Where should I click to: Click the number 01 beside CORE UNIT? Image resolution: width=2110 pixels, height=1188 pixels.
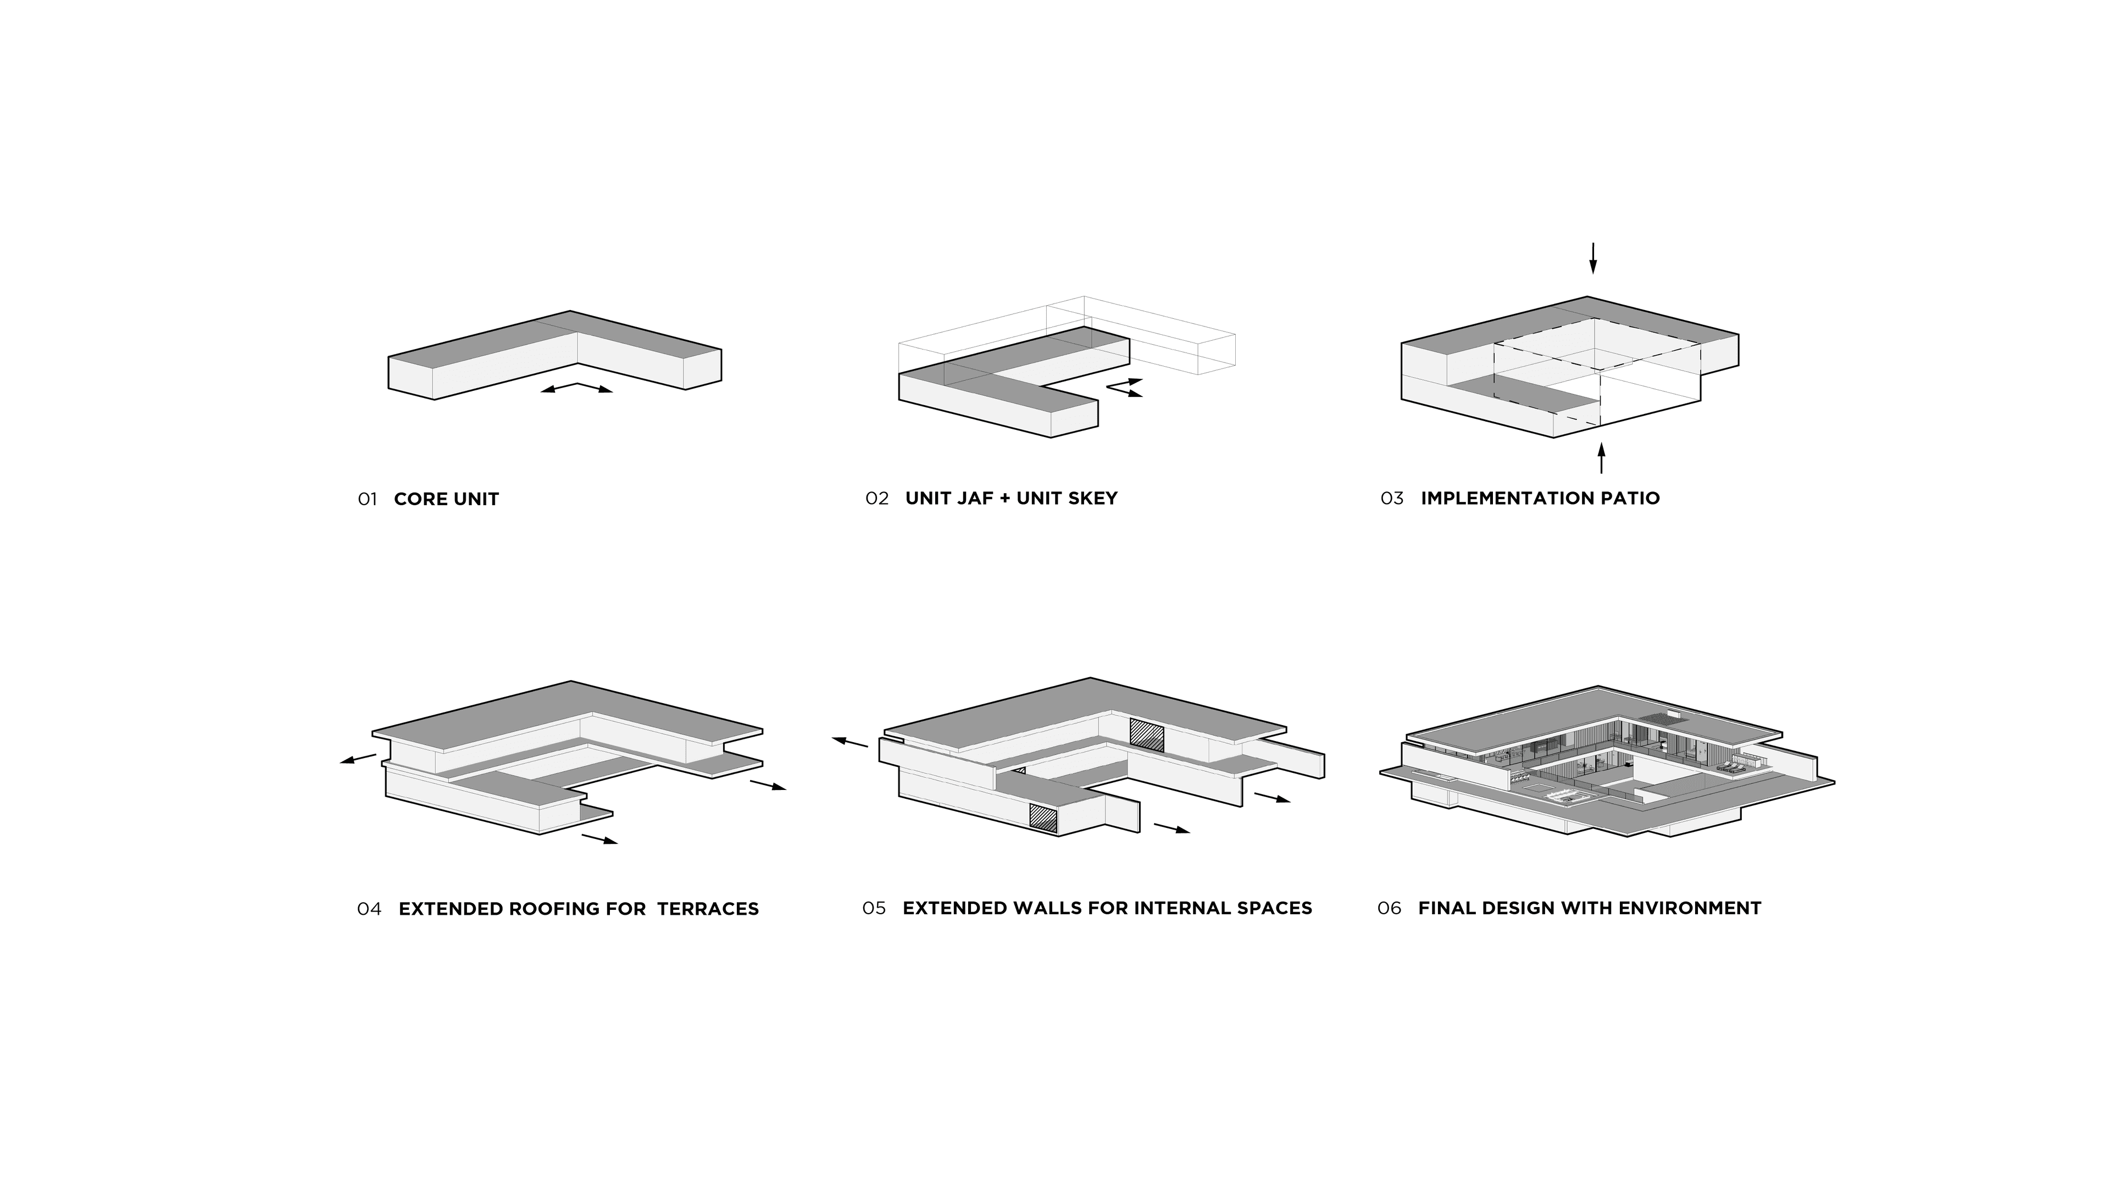coord(367,499)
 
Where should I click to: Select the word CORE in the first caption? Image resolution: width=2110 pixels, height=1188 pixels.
coord(419,499)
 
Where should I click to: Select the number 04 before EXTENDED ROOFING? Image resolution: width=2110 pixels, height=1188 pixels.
coord(369,909)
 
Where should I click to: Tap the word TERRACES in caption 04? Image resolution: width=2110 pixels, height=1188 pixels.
coord(708,909)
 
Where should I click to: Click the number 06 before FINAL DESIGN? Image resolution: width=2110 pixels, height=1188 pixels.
coord(1389,908)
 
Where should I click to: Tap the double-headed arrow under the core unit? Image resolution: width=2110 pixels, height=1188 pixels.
coord(576,388)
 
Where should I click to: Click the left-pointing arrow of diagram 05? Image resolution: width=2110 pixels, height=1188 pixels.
coord(849,742)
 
